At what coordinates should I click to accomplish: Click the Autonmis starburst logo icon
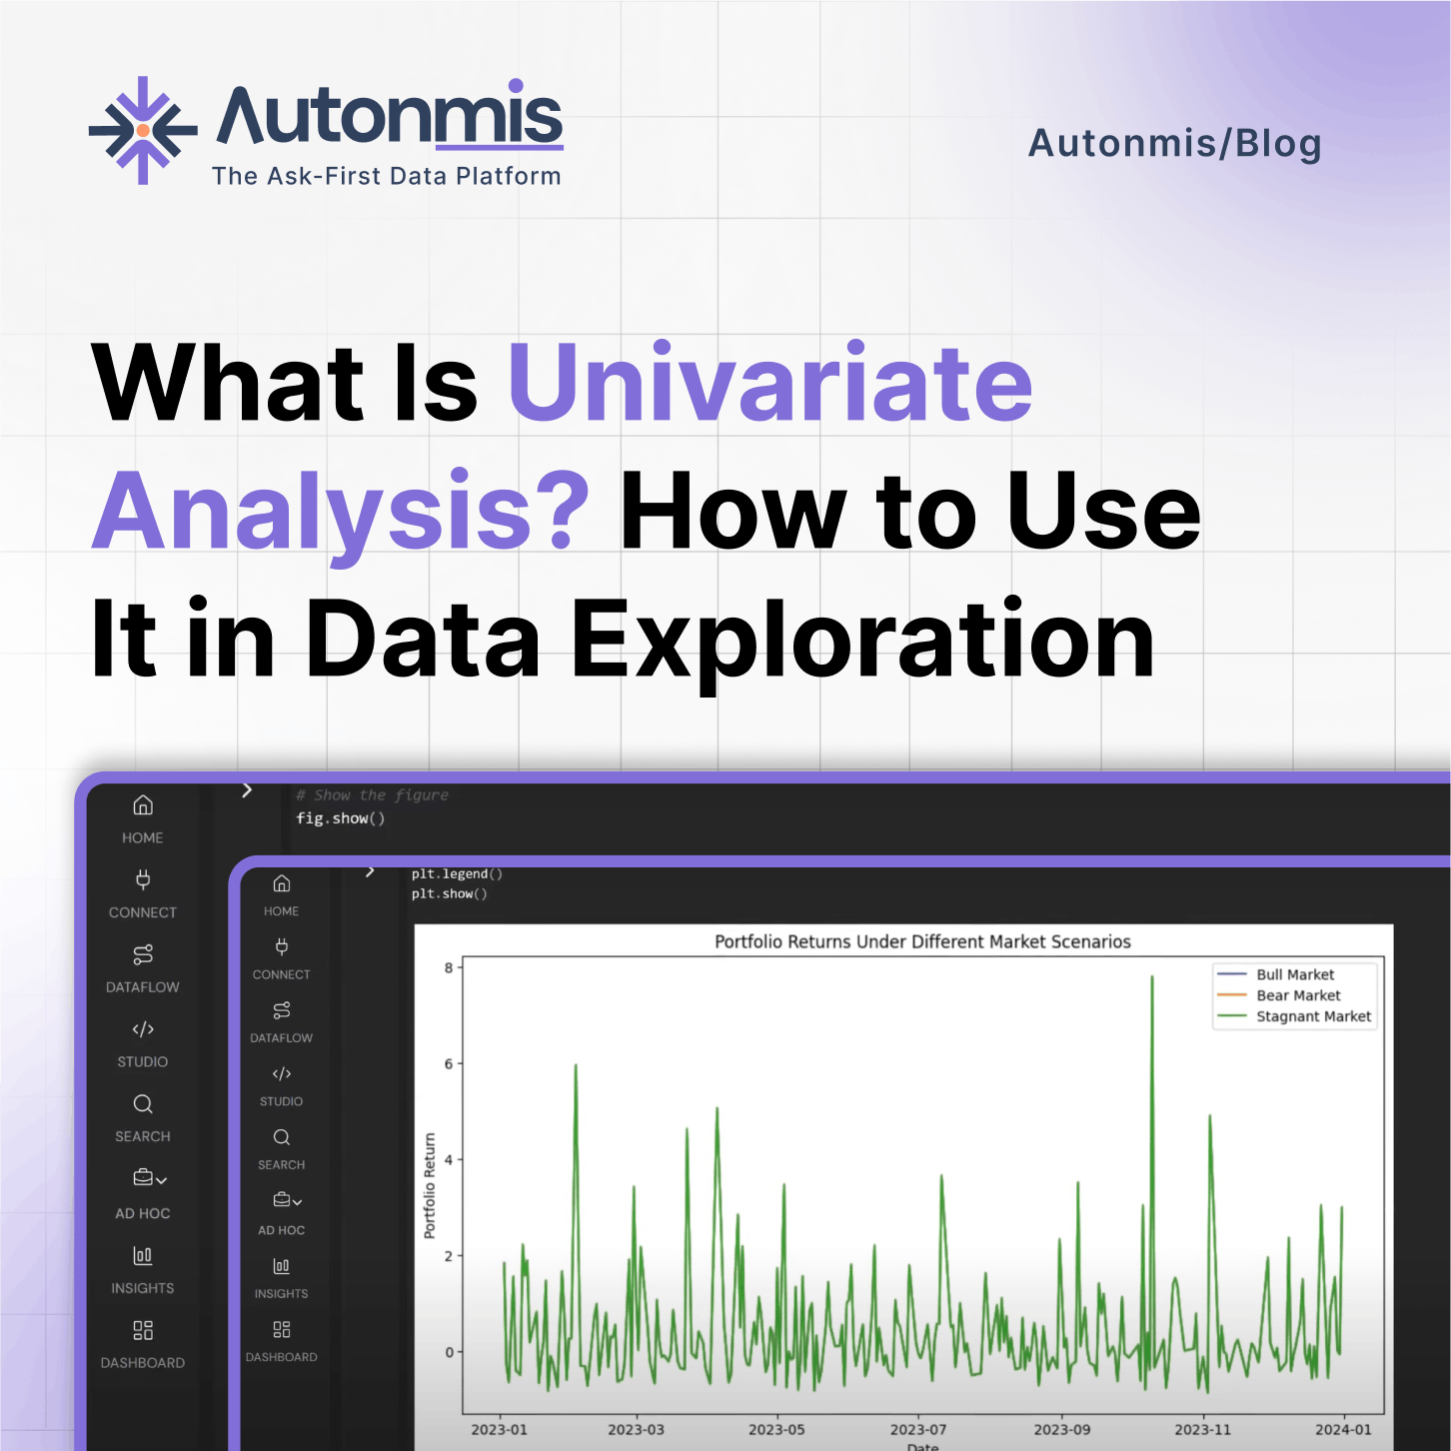click(x=143, y=130)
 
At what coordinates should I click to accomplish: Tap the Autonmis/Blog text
click(x=1174, y=143)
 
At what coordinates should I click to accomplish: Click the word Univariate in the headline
click(x=770, y=382)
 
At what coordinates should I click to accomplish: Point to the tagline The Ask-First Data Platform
click(x=386, y=176)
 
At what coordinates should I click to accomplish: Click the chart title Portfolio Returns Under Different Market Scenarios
click(x=922, y=941)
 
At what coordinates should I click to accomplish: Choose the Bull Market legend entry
click(x=1294, y=974)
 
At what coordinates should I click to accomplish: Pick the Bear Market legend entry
click(x=1297, y=995)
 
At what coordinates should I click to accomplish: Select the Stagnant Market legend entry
click(x=1313, y=1016)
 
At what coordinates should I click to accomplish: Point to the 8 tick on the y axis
click(x=449, y=967)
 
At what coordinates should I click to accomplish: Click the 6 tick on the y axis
click(x=449, y=1064)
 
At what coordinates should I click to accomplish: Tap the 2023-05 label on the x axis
click(x=776, y=1429)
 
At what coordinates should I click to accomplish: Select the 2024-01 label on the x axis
click(x=1343, y=1429)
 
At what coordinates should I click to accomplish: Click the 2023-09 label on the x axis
click(x=1061, y=1429)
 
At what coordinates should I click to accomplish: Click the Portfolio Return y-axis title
click(x=430, y=1185)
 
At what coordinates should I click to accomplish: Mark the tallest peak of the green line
click(x=1152, y=978)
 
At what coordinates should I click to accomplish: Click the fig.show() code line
click(x=340, y=818)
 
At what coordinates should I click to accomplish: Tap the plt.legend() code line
click(x=457, y=873)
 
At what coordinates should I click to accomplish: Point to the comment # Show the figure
click(x=372, y=795)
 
